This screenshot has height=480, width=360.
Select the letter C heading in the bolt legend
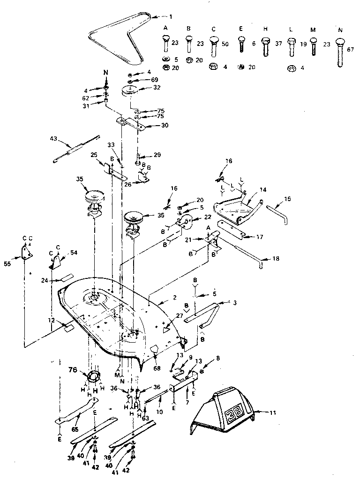214,28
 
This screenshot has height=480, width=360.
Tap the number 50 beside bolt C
225,43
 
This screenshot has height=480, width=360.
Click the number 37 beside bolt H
279,43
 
